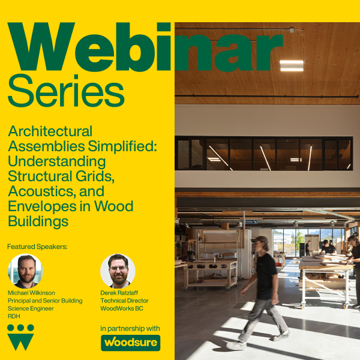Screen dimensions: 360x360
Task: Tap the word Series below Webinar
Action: tap(66, 91)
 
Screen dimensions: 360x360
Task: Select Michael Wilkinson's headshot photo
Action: tap(25, 271)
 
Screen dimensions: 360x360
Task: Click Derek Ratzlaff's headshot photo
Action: tap(118, 271)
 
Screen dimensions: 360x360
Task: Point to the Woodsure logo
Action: tap(130, 343)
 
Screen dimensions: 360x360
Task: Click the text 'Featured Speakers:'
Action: tap(37, 247)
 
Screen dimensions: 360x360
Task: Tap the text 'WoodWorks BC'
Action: tap(123, 308)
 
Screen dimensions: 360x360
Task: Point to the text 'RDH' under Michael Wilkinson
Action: tap(14, 316)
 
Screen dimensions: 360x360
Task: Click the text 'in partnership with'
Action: tap(130, 328)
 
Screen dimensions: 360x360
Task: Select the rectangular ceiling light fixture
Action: tap(292, 65)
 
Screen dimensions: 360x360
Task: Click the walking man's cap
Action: tap(260, 240)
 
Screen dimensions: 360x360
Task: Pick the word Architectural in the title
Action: tap(50, 131)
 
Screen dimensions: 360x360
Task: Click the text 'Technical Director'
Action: tap(125, 301)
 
